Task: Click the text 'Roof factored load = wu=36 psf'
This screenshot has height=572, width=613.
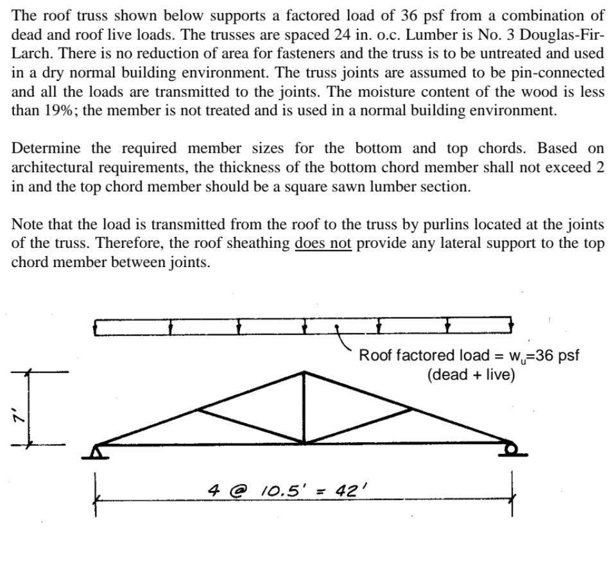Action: click(469, 356)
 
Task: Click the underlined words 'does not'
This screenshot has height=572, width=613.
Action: click(323, 244)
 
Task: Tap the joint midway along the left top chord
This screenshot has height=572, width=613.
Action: click(200, 408)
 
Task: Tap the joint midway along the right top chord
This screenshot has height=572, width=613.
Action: click(410, 408)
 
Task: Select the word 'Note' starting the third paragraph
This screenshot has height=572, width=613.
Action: click(26, 225)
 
